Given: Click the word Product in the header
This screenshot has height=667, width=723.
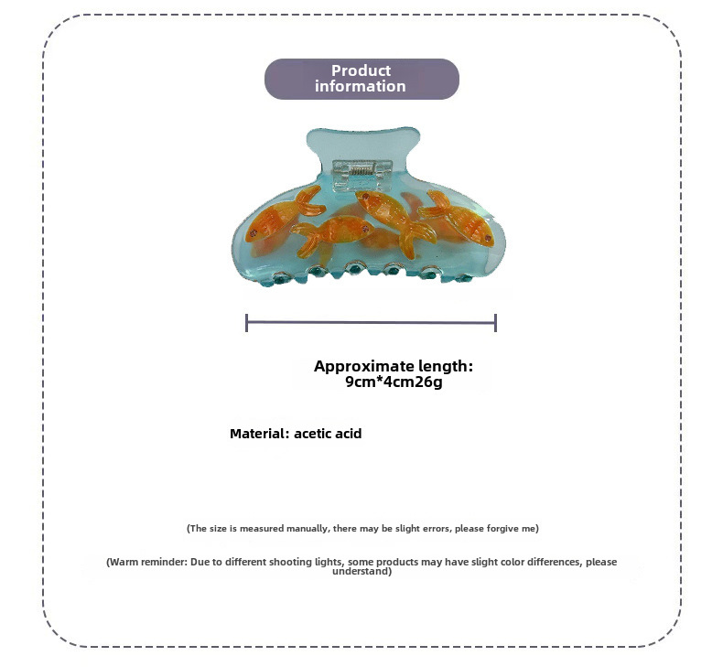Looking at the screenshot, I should pyautogui.click(x=361, y=70).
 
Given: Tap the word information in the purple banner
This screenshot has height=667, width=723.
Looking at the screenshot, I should pyautogui.click(x=361, y=86).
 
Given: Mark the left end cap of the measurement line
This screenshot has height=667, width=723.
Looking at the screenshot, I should pyautogui.click(x=247, y=322).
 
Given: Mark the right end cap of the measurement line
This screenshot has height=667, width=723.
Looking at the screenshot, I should pyautogui.click(x=495, y=322).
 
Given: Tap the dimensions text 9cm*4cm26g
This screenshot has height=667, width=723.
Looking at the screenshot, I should pyautogui.click(x=394, y=382).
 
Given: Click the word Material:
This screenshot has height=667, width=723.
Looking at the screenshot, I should pyautogui.click(x=259, y=434).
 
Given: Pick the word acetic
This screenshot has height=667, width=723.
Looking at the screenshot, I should pyautogui.click(x=314, y=434).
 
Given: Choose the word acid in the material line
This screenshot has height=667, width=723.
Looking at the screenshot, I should pyautogui.click(x=350, y=434).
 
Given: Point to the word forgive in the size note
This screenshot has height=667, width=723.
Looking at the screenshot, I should pyautogui.click(x=502, y=529).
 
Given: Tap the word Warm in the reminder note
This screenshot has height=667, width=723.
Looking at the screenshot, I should pyautogui.click(x=124, y=562).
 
